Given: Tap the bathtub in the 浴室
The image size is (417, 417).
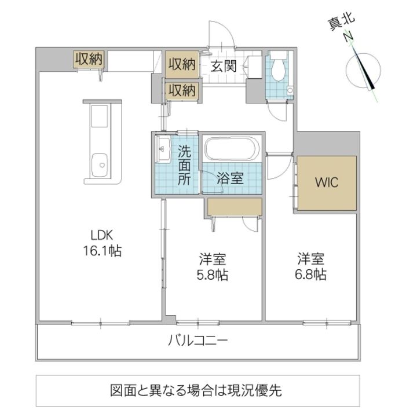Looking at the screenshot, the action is point(232,149).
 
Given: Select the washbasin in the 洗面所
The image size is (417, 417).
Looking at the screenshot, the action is point(163,149).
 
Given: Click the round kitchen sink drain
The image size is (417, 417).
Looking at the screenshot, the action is point(102,166).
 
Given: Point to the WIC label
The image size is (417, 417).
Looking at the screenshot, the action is point(327,182).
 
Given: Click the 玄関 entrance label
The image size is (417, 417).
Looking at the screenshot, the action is point(224,66).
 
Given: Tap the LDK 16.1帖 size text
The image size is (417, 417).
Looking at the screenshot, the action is point(103,243).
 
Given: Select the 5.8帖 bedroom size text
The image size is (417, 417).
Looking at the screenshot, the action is point(212,275).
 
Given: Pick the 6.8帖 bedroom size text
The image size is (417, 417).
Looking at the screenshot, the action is point(310,274).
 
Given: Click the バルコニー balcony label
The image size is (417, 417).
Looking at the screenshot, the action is point(198,341).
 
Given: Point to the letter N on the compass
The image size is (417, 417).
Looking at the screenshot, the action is point(348,36).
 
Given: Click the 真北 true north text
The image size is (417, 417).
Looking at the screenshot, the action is point(341,22).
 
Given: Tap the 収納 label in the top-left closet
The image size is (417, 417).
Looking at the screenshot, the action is point(89,58).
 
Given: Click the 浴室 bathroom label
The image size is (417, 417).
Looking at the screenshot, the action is point(230,178).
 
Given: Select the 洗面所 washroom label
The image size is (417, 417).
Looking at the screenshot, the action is point(184,166).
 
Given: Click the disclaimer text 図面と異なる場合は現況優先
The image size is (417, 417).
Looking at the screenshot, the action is point(196,390).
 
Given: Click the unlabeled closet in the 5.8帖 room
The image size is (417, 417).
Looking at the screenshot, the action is point(235,207).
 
